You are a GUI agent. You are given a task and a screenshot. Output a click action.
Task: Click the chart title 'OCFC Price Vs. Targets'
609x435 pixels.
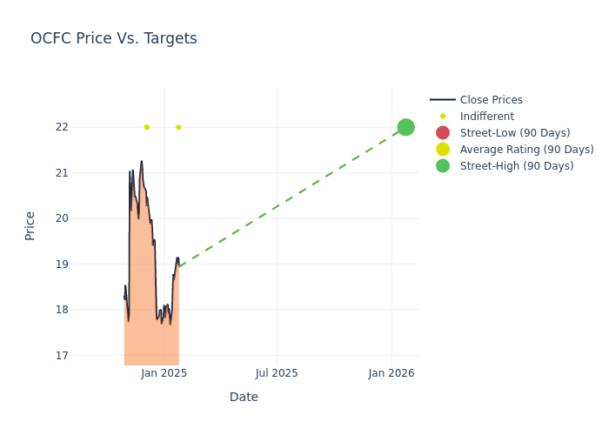point(114,38)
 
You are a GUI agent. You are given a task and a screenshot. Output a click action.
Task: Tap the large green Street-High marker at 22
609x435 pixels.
point(405,127)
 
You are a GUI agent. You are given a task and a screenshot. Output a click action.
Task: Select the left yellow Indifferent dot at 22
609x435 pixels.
point(146,127)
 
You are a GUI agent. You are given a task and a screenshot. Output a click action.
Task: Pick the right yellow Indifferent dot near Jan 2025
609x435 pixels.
point(178,127)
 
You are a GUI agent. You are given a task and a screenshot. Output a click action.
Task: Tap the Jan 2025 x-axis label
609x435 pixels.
point(164,373)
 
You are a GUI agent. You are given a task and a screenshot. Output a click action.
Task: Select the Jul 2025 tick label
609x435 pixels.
point(277,373)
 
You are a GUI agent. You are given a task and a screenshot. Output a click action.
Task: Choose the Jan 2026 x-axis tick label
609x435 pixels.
point(391,373)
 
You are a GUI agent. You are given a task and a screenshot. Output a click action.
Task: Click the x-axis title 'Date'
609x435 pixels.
point(244,397)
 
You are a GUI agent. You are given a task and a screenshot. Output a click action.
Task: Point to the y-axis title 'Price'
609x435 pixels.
point(30,225)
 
